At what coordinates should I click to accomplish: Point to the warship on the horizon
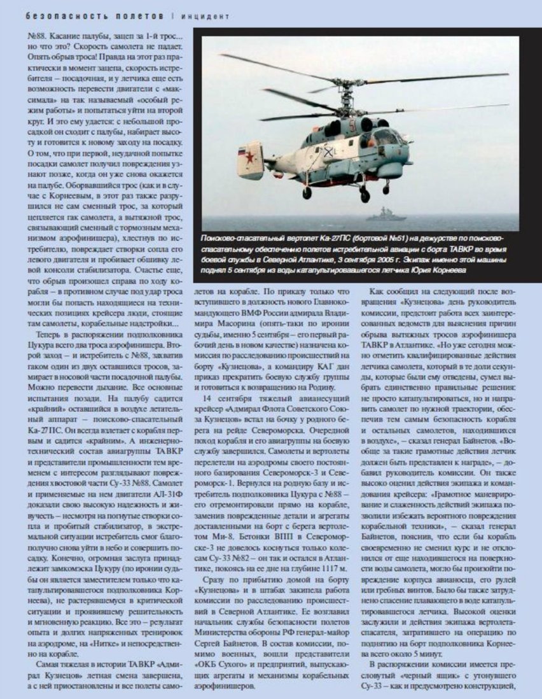click(386, 214)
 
